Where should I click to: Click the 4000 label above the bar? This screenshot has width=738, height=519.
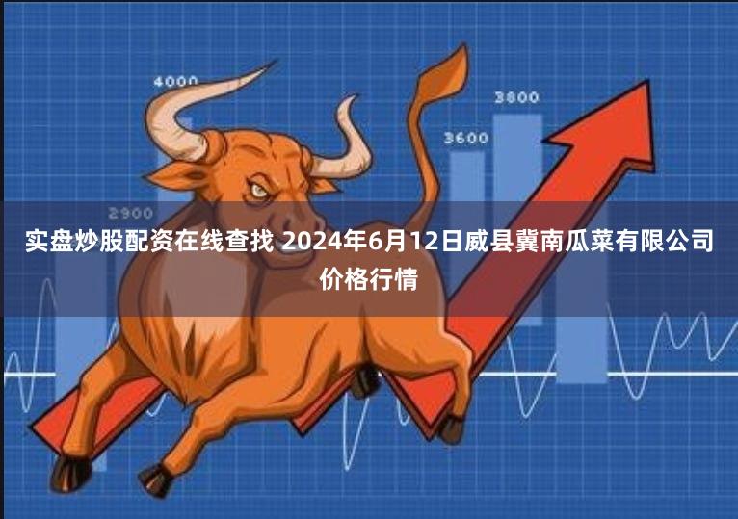pyautogui.click(x=175, y=82)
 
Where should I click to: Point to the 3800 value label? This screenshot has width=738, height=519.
pyautogui.click(x=516, y=97)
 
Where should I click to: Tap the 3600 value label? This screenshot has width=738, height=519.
pyautogui.click(x=466, y=138)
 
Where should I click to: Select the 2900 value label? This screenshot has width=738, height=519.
pyautogui.click(x=130, y=213)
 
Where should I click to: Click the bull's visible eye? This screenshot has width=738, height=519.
pyautogui.click(x=258, y=191)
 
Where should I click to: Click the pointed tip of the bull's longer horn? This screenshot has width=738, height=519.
pyautogui.click(x=276, y=61)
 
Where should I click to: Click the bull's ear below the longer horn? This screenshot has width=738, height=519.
pyautogui.click(x=174, y=176)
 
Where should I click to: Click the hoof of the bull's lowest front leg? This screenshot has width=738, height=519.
pyautogui.click(x=70, y=474)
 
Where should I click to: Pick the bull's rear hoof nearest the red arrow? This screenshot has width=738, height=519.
pyautogui.click(x=452, y=428)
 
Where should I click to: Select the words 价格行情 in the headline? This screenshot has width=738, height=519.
pyautogui.click(x=369, y=278)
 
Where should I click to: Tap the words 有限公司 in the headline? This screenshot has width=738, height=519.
pyautogui.click(x=664, y=240)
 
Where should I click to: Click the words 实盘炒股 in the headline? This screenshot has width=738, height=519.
pyautogui.click(x=74, y=240)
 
